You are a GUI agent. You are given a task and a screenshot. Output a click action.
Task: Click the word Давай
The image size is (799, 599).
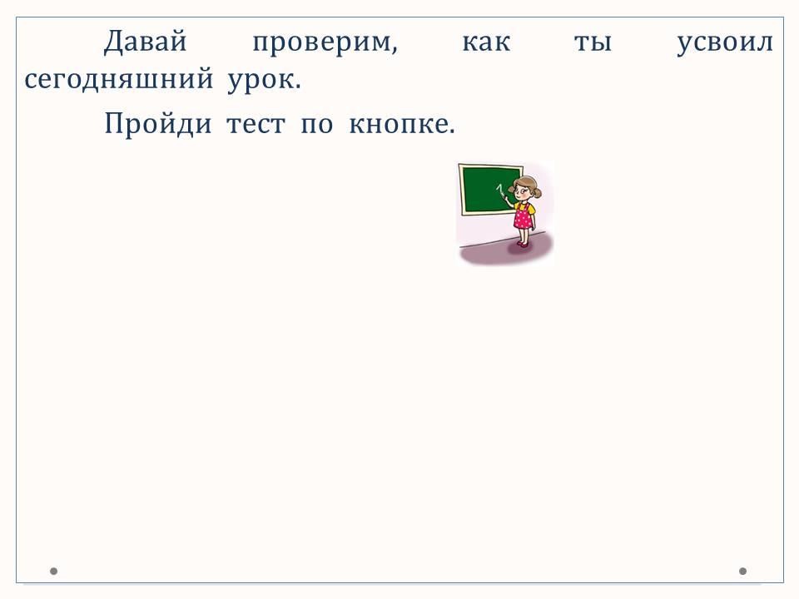click(146, 42)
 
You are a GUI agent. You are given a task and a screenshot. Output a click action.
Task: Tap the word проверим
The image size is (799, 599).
click(325, 44)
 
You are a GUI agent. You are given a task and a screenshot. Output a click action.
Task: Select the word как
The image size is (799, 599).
click(486, 42)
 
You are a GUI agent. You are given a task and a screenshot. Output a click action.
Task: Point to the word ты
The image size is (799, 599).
click(593, 42)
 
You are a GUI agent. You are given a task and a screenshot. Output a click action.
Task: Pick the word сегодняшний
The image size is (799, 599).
click(119, 80)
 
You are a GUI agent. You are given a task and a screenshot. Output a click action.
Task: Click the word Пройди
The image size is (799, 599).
click(158, 124)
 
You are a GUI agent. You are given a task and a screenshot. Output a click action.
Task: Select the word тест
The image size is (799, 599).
click(256, 125)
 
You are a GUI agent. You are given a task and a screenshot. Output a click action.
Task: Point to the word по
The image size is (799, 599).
click(317, 125)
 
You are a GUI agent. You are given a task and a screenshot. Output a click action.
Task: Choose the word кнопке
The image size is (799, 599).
click(401, 123)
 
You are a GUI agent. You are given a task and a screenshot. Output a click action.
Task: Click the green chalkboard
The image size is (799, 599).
click(489, 190)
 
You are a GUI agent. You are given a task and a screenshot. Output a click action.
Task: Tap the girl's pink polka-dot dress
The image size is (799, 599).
click(523, 217)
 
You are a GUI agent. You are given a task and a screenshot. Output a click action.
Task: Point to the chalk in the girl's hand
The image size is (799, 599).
click(500, 191)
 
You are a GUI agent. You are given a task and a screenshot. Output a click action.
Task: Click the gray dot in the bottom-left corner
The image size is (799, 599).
click(53, 571)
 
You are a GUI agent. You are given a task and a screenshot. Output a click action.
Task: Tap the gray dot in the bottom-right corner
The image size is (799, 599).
click(742, 571)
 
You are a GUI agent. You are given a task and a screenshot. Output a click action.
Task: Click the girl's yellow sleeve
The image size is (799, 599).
click(531, 208)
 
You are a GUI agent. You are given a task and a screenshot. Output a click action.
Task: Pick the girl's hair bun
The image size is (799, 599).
click(537, 192)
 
